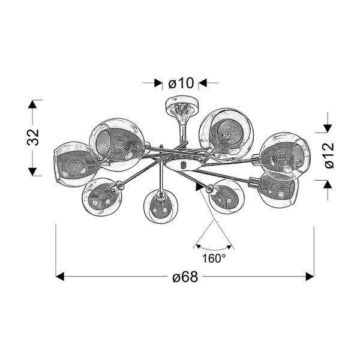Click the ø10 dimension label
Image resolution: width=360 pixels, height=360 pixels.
pyautogui.click(x=181, y=83)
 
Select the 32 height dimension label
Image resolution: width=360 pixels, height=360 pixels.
pyautogui.click(x=33, y=137)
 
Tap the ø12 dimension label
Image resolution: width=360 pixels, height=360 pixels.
pyautogui.click(x=329, y=155)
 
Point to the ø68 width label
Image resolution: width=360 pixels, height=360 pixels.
pyautogui.click(x=185, y=277)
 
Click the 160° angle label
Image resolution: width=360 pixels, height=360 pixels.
pyautogui.click(x=214, y=259)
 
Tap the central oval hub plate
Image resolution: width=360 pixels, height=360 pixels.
pyautogui.click(x=183, y=165)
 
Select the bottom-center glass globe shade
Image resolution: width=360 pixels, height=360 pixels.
pyautogui.click(x=161, y=206)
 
